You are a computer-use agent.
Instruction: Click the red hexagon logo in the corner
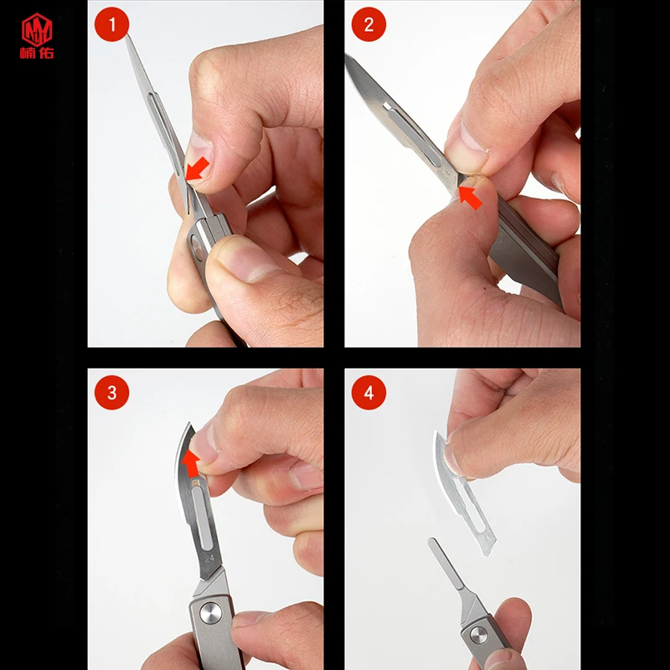point(37,29)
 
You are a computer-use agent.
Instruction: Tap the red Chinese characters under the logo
point(37,53)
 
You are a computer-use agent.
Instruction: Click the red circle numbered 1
point(111,24)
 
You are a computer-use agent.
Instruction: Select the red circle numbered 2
point(368,24)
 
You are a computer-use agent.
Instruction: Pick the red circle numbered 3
point(111,393)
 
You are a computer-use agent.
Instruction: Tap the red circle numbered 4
point(368,393)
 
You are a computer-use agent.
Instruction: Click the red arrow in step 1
point(197,169)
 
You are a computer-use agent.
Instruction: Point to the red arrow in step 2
point(470,198)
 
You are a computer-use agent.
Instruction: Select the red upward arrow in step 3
point(191,463)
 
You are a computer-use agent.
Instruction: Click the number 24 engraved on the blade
point(209,559)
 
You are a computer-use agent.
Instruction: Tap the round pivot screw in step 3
point(211,613)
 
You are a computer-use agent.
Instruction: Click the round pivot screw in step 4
point(478,635)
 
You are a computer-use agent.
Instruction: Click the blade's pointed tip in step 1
point(126,35)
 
